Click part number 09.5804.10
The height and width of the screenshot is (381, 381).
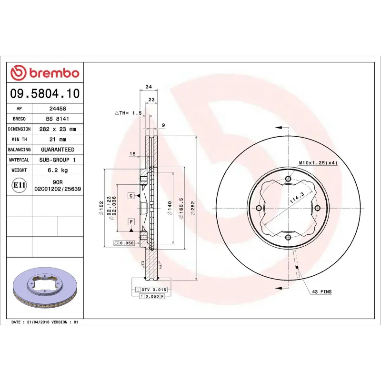[x=45, y=93]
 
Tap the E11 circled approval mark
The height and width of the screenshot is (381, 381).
[x=20, y=185]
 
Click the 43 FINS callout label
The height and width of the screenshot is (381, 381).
[x=321, y=291]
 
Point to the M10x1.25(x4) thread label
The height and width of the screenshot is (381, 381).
[x=318, y=163]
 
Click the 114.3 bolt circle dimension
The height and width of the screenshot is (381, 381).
[x=296, y=200]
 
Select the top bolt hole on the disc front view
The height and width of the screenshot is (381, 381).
[x=288, y=179]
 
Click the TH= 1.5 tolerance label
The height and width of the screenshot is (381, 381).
[x=129, y=113]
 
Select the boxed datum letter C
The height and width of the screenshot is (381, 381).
[x=130, y=196]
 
